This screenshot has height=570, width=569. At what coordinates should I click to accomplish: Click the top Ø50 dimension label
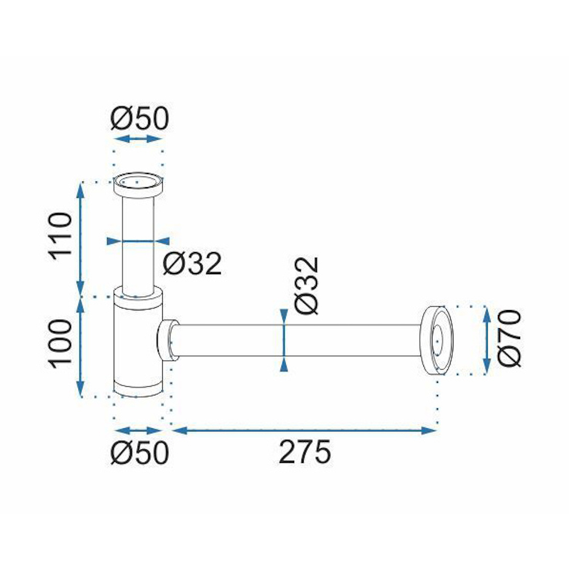pyautogui.click(x=140, y=118)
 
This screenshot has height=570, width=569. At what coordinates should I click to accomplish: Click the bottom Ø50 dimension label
pyautogui.click(x=140, y=452)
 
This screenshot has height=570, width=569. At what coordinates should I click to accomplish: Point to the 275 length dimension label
pyautogui.click(x=305, y=452)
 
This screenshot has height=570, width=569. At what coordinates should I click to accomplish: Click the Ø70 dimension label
pyautogui.click(x=509, y=338)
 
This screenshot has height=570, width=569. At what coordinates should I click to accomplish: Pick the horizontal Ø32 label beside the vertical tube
pyautogui.click(x=192, y=263)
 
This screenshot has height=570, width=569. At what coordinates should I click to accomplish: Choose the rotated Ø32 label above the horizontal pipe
pyautogui.click(x=307, y=286)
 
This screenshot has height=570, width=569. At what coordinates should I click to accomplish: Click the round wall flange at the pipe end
pyautogui.click(x=436, y=340)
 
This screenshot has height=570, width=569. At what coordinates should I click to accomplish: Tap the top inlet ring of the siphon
pyautogui.click(x=138, y=185)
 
